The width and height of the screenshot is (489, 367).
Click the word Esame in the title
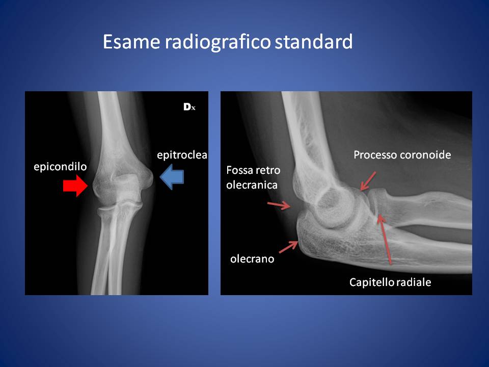tap(131, 41)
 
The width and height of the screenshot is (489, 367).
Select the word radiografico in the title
tap(218, 42)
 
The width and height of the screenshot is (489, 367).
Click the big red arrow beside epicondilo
tap(75, 186)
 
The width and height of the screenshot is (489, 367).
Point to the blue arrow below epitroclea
tap(172, 177)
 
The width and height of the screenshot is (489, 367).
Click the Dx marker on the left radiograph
tap(189, 107)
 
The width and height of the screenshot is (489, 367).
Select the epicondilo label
tap(60, 167)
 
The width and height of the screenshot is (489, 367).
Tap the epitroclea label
tap(182, 155)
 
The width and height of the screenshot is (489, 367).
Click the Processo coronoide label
tap(402, 155)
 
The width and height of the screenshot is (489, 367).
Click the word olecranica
tap(252, 185)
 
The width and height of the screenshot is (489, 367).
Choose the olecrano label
tap(252, 259)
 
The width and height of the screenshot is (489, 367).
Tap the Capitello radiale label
tap(390, 282)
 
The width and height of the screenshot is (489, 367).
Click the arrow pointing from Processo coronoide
tap(368, 181)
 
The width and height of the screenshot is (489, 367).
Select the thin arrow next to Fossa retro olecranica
tap(279, 205)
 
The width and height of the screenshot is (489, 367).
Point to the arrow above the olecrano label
tap(288, 247)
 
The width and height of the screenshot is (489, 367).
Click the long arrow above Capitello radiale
tap(384, 239)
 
